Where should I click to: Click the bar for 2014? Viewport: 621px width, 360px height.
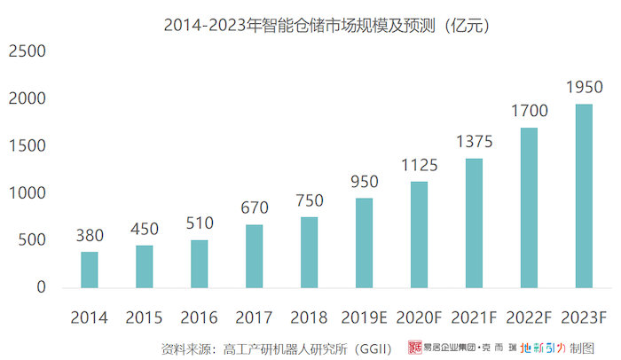tap(90, 270)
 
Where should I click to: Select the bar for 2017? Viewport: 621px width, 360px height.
tap(254, 256)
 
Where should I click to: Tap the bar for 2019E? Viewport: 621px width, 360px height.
tap(364, 243)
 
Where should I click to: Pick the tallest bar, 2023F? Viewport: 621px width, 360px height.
tap(584, 196)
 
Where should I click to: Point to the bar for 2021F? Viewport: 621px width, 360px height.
tap(474, 223)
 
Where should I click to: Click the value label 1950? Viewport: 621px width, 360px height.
tap(584, 88)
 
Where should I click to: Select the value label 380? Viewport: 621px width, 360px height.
tap(90, 236)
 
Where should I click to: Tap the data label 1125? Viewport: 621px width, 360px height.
tap(419, 165)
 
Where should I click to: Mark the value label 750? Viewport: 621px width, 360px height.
tap(309, 200)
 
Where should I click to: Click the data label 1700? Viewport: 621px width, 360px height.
tap(529, 112)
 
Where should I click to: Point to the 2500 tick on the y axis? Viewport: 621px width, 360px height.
tap(28, 51)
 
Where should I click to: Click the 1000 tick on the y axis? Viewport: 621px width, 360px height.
tap(28, 193)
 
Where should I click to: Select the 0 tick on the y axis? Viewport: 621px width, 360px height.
tap(41, 287)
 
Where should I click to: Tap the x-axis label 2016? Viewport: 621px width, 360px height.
tap(199, 317)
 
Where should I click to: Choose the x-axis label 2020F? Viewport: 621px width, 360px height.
tap(419, 317)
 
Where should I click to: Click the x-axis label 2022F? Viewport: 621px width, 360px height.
tap(529, 317)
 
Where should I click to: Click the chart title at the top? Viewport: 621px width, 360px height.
tap(327, 26)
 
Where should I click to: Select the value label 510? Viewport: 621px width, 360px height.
tap(199, 223)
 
